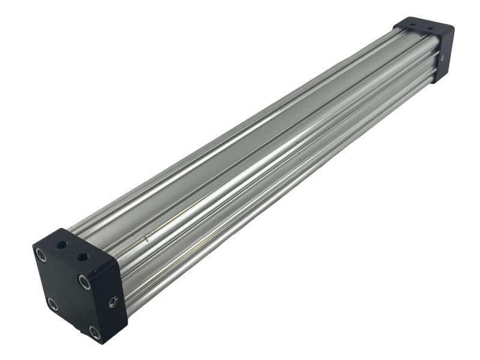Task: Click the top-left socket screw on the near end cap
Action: (x=41, y=254)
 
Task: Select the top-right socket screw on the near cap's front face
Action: (x=84, y=281)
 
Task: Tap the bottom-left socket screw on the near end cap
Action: (x=53, y=304)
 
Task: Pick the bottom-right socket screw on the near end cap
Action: (x=94, y=331)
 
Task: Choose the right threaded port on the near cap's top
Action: (x=83, y=257)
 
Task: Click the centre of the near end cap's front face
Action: (x=68, y=293)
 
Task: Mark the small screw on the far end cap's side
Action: (x=442, y=58)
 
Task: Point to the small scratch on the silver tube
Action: (x=146, y=238)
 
